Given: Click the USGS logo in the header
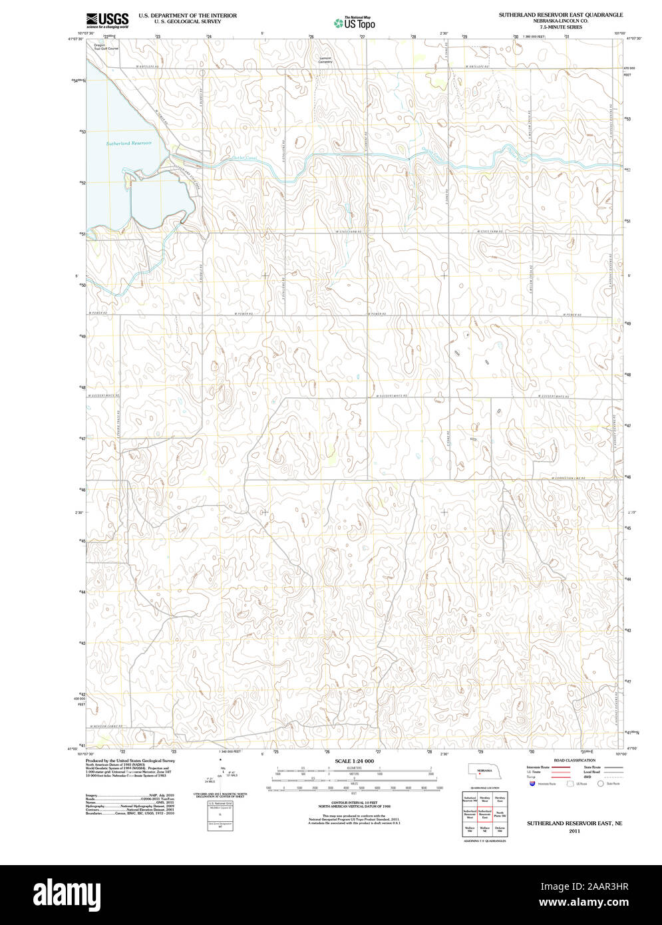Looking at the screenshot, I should click(x=107, y=21).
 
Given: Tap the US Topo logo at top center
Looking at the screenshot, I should click(x=354, y=23).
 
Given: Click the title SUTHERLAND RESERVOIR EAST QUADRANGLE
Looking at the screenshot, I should click(x=561, y=14).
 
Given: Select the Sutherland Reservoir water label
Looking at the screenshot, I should click(x=129, y=143).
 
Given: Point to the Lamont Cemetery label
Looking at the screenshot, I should click(x=325, y=60).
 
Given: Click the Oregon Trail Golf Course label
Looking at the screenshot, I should click(x=106, y=47).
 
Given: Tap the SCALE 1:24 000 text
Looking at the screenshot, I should click(x=354, y=761).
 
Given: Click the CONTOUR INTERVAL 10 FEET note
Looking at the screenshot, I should click(x=354, y=804).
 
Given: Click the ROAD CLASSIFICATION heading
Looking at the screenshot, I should click(x=574, y=760).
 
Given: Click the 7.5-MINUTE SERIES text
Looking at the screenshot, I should click(x=561, y=27).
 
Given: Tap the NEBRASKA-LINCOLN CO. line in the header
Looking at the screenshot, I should click(x=561, y=21).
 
